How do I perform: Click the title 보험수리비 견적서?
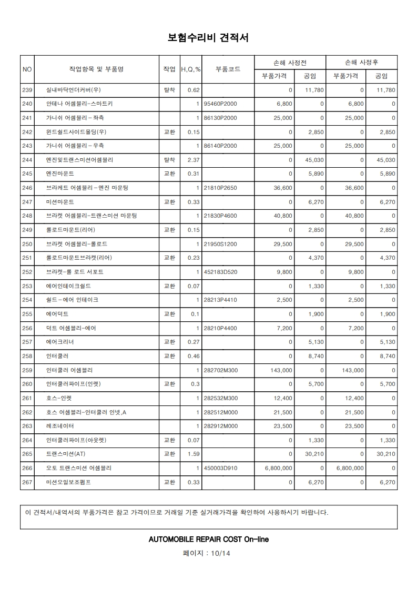[208, 38]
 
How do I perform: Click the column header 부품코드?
[228, 69]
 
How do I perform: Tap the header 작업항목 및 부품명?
[96, 69]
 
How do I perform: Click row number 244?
[27, 160]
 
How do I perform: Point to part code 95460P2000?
[220, 104]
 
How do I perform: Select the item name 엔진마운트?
[60, 174]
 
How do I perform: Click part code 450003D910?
[220, 468]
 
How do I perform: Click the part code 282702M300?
[220, 370]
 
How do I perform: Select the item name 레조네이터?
[60, 426]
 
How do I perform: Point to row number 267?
[27, 482]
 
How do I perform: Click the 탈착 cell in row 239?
[169, 90]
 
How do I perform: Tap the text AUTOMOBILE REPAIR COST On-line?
[209, 539]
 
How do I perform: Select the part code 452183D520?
[220, 272]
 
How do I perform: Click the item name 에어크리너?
[60, 342]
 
